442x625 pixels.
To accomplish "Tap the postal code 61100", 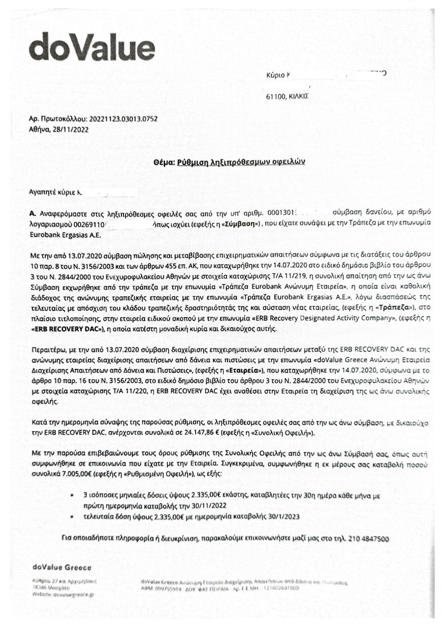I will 276,96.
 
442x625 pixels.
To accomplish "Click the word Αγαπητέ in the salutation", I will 42,193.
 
